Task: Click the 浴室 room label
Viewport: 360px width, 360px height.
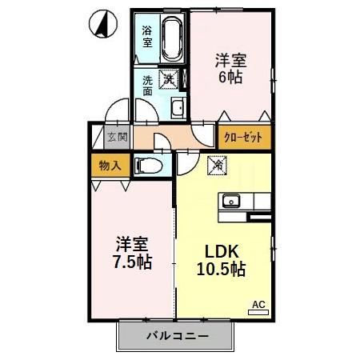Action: [x=147, y=37]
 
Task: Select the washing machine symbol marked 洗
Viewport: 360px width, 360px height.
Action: [x=169, y=78]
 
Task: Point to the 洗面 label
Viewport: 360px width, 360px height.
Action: [x=148, y=86]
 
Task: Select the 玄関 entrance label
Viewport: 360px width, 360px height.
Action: [x=117, y=138]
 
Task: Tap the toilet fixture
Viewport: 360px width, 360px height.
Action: [x=148, y=166]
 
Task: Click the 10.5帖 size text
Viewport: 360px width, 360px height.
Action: [x=221, y=270]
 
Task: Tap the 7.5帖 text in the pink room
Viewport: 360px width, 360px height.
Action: [x=131, y=261]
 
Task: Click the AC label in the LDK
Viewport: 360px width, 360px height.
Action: [x=258, y=303]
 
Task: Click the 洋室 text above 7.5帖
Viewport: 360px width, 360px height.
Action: [x=131, y=242]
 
